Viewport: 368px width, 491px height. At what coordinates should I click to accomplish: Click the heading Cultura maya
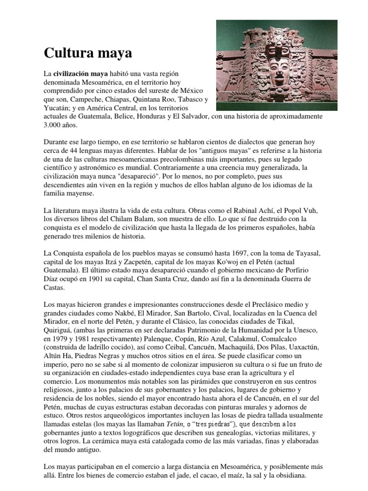click(88, 53)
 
